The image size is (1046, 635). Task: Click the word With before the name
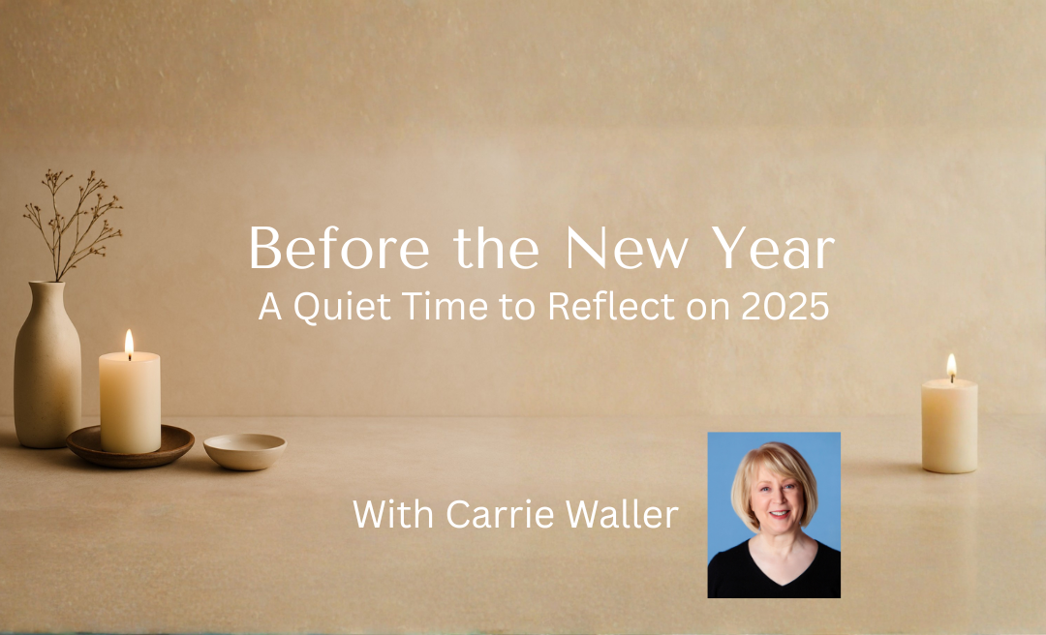[392, 514]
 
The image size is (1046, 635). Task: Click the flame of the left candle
[129, 342]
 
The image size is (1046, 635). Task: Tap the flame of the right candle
[951, 366]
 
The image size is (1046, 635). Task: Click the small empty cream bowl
[245, 449]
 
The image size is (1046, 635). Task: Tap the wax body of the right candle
[949, 426]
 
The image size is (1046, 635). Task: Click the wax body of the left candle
[130, 402]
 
